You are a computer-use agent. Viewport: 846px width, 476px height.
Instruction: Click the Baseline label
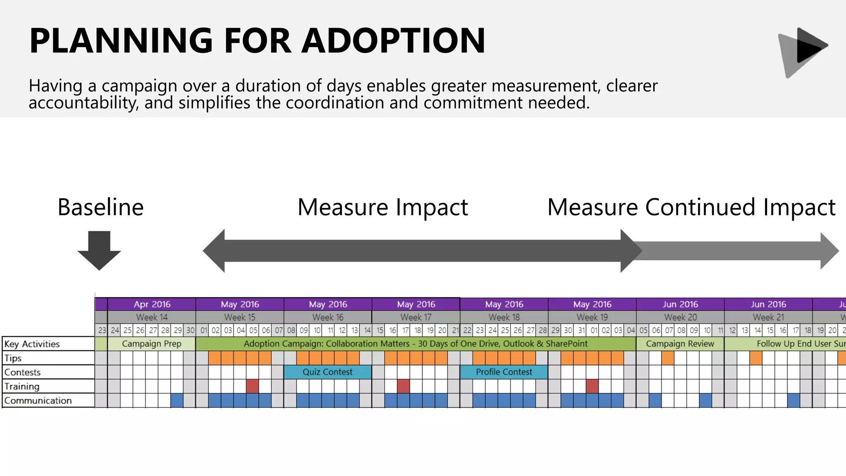[100, 207]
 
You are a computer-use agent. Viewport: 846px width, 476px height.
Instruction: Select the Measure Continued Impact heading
[691, 207]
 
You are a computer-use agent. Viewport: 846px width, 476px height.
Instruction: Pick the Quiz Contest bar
[328, 372]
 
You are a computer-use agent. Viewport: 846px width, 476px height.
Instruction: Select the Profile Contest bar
[504, 372]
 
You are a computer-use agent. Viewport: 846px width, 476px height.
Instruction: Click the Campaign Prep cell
[152, 344]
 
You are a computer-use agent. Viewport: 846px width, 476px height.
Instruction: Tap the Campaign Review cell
[680, 344]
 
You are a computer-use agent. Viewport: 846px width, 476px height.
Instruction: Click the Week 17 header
[416, 317]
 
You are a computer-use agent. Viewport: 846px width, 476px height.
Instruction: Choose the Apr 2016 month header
[152, 304]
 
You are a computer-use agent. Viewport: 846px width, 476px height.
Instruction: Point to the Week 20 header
[680, 317]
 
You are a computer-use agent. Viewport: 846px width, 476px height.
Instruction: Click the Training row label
[22, 386]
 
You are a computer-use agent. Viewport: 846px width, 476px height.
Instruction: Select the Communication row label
[38, 400]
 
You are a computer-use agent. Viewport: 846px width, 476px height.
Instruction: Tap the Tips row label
[13, 358]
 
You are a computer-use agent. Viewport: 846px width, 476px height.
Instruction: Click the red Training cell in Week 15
[252, 386]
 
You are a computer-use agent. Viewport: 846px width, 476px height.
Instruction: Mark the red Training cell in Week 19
[592, 386]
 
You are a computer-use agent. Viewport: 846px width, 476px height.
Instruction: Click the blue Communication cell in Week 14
[177, 400]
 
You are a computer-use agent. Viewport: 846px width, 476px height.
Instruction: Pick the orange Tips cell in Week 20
[668, 358]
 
